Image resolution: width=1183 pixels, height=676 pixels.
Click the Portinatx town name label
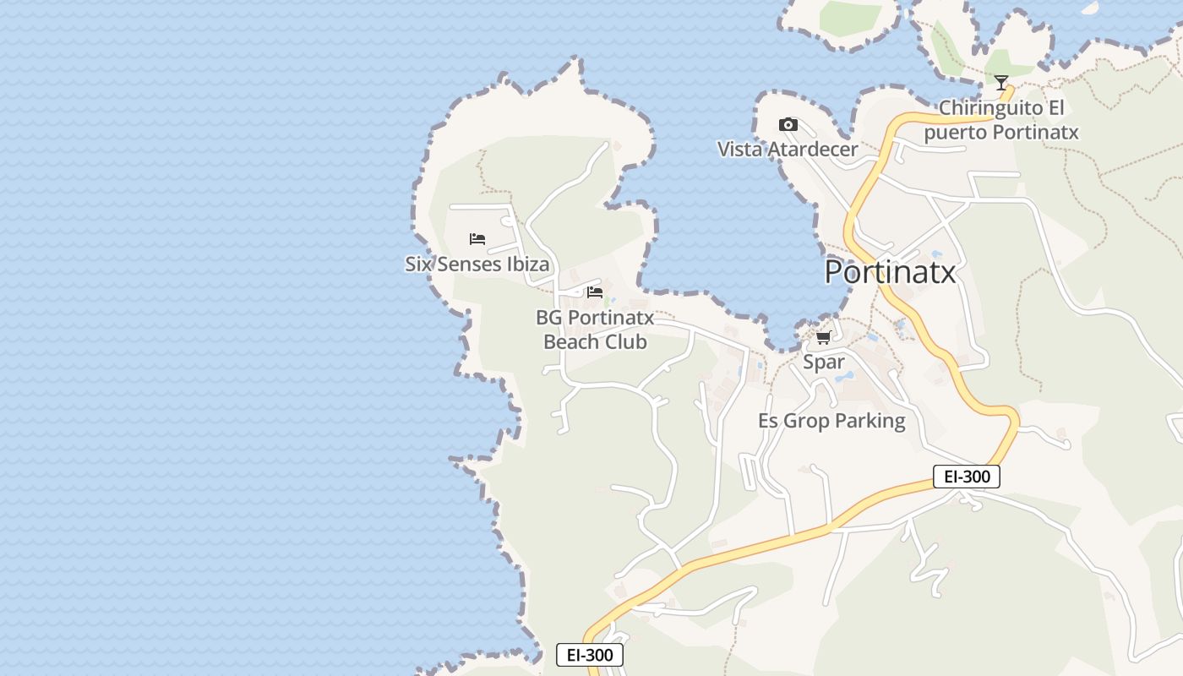(890, 272)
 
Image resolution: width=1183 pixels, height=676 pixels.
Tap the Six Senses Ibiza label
(477, 264)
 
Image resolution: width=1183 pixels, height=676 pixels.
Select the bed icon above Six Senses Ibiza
(477, 239)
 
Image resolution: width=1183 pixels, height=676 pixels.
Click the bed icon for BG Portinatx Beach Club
(595, 292)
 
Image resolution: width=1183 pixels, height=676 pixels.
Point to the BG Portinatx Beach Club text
(595, 330)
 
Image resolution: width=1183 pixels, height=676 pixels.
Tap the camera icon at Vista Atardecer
(788, 125)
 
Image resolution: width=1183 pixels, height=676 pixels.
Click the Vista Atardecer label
(788, 150)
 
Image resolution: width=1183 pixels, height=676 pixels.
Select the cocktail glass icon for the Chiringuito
(1001, 83)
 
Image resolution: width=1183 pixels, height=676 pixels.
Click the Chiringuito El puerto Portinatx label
(1001, 120)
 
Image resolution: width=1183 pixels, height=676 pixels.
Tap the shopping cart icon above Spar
(823, 338)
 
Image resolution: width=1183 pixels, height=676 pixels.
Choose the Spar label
(823, 362)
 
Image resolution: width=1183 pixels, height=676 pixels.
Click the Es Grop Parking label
(831, 421)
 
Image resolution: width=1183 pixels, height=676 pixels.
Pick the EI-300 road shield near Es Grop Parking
(967, 477)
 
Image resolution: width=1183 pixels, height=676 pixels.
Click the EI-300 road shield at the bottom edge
(590, 655)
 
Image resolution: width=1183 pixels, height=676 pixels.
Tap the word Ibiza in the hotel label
(527, 264)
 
